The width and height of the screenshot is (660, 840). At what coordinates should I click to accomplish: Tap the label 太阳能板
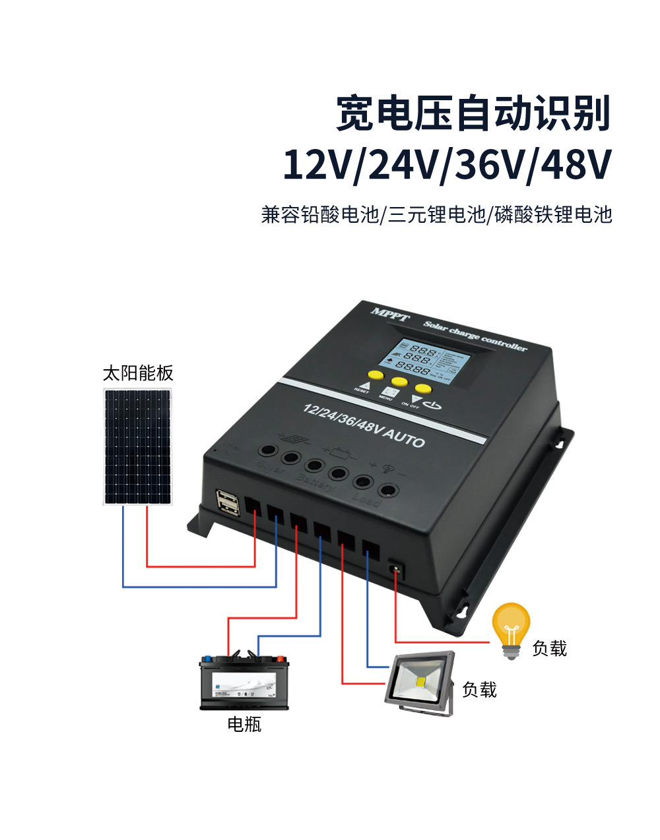pos(137,374)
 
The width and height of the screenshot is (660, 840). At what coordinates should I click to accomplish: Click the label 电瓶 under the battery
pos(244,725)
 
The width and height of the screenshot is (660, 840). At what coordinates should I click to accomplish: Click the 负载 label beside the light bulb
pos(549,649)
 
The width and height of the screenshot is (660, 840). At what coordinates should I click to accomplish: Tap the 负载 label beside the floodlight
pos(479,690)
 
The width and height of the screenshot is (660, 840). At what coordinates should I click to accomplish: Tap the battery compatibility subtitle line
pos(436,215)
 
